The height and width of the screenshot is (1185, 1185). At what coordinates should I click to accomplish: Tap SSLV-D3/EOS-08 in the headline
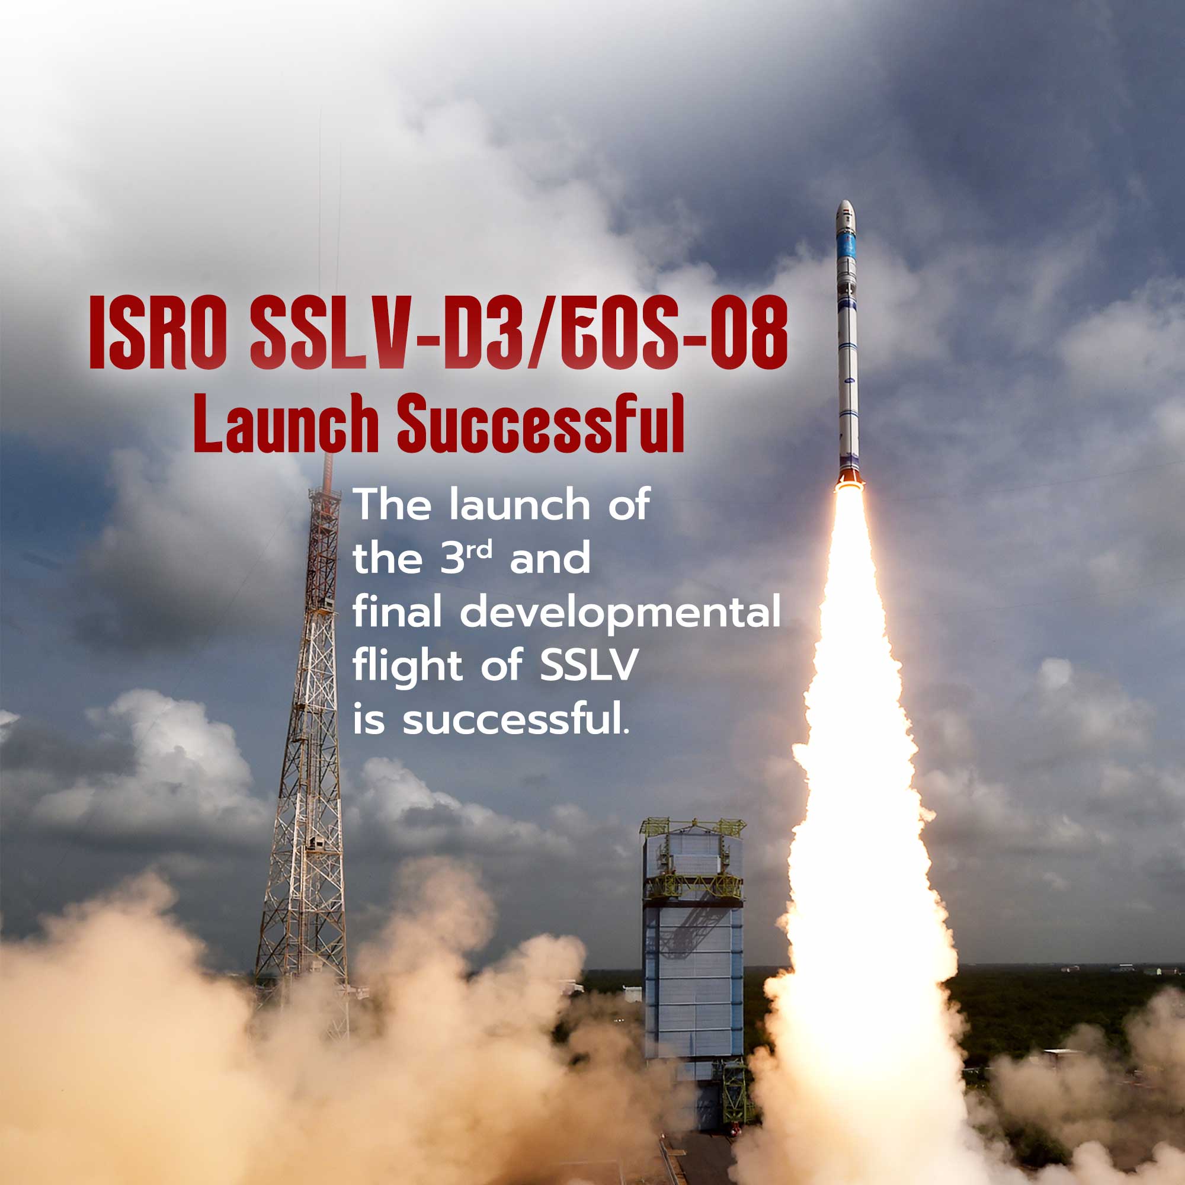click(519, 332)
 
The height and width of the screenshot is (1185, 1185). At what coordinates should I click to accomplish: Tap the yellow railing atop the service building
click(693, 826)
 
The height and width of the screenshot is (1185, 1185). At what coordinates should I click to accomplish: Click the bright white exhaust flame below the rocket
click(859, 798)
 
